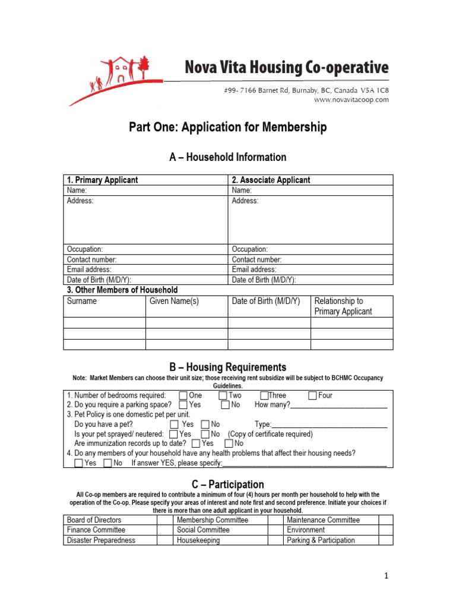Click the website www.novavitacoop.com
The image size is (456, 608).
pyautogui.click(x=351, y=100)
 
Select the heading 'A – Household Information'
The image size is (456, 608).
pyautogui.click(x=228, y=157)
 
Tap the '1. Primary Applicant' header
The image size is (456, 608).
pyautogui.click(x=102, y=180)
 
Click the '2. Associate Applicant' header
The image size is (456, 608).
pyautogui.click(x=271, y=180)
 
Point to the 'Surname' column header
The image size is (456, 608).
pyautogui.click(x=82, y=301)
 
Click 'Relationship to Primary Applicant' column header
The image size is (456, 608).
pyautogui.click(x=343, y=306)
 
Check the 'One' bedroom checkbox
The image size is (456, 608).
pyautogui.click(x=183, y=395)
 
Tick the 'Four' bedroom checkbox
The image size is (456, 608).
pyautogui.click(x=313, y=395)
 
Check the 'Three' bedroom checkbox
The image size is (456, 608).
pyautogui.click(x=264, y=395)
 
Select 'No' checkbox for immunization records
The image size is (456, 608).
pyautogui.click(x=229, y=444)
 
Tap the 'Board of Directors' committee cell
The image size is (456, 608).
pyautogui.click(x=94, y=520)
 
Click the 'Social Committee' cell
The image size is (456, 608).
pyautogui.click(x=203, y=530)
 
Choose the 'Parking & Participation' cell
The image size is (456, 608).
pyautogui.click(x=321, y=540)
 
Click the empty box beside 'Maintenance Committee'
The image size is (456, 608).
pyautogui.click(x=386, y=520)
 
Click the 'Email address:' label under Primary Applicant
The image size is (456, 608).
pyautogui.click(x=89, y=270)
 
